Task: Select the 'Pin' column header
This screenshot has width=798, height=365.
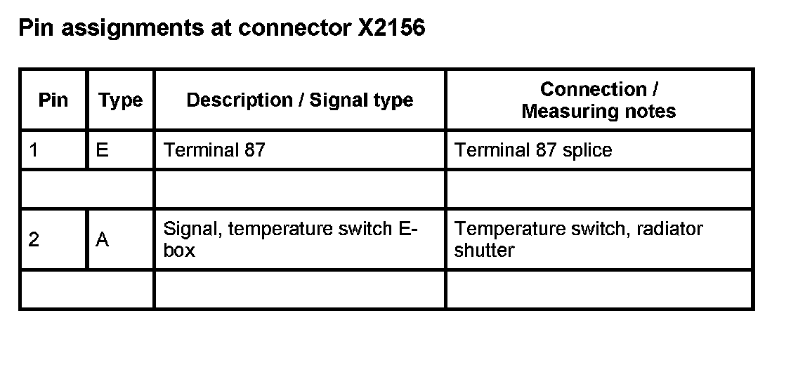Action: click(x=53, y=100)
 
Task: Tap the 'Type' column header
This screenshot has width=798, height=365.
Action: click(x=120, y=100)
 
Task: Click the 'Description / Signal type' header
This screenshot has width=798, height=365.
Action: click(x=299, y=100)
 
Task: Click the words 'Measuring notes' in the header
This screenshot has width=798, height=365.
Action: click(x=598, y=111)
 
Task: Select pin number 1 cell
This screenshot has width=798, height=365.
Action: click(x=34, y=150)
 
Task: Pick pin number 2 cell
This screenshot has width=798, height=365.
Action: click(x=34, y=240)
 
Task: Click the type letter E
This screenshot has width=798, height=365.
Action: click(x=102, y=150)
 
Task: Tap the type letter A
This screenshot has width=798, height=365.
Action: click(x=102, y=240)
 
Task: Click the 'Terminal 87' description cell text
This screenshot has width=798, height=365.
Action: click(x=214, y=150)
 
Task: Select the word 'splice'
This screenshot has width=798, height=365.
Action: click(x=586, y=150)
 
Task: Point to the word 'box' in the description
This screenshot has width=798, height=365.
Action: click(x=179, y=251)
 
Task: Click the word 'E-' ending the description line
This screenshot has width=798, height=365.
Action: click(x=410, y=229)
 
